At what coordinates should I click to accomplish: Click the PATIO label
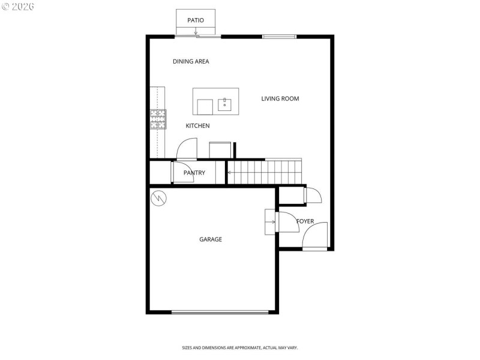[x=196, y=20]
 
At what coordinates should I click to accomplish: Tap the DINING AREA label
[x=191, y=61]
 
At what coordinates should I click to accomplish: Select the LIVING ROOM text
[x=280, y=98]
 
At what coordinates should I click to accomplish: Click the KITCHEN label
[x=197, y=126]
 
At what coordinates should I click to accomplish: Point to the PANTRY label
[x=194, y=173]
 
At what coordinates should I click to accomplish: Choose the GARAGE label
[x=211, y=239]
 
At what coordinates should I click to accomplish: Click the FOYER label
[x=305, y=221]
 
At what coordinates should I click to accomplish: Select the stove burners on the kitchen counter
[x=158, y=119]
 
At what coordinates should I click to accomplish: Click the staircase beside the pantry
[x=265, y=172]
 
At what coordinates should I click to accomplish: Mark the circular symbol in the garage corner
[x=159, y=197]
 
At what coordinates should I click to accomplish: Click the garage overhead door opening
[x=220, y=312]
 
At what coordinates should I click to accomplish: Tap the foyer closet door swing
[x=313, y=196]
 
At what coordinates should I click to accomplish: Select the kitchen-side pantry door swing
[x=187, y=149]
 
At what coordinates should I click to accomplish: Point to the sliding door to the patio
[x=199, y=37]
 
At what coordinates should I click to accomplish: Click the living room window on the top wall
[x=280, y=37]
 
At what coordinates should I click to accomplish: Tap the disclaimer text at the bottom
[x=240, y=348]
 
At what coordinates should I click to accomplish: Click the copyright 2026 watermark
[x=18, y=6]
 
